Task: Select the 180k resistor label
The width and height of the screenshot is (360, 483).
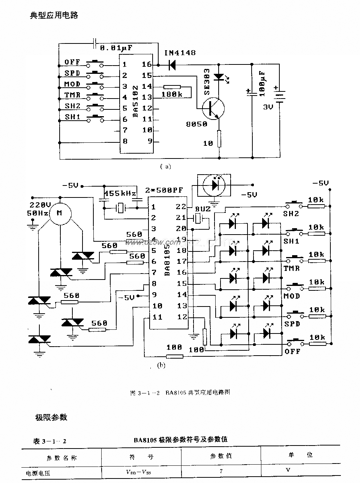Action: [x=172, y=94]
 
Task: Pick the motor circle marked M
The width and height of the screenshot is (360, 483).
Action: [x=59, y=213]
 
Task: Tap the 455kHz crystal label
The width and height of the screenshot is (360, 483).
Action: [x=120, y=194]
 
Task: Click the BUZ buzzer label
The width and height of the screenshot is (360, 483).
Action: [x=203, y=209]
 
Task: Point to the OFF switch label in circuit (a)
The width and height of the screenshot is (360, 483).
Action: [x=72, y=62]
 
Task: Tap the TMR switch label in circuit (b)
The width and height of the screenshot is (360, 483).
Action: [x=291, y=268]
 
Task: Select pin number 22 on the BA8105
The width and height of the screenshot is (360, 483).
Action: [x=181, y=206]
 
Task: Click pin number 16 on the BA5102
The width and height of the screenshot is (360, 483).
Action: [x=147, y=64]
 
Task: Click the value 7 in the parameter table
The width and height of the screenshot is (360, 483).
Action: [x=221, y=471]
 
